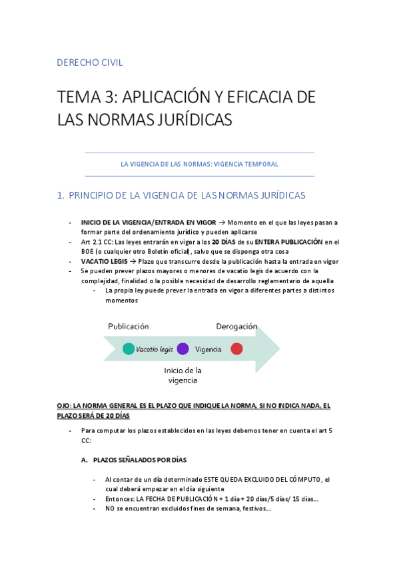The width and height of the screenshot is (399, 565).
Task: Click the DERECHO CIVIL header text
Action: [90, 63]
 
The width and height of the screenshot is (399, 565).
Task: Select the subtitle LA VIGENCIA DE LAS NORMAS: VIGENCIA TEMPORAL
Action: [199, 164]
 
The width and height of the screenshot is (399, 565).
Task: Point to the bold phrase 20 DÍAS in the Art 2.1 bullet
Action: [224, 242]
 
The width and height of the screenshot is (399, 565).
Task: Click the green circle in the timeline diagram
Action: [129, 348]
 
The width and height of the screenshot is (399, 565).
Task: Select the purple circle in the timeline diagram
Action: [183, 348]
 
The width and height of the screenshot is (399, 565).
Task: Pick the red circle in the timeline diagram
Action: [236, 348]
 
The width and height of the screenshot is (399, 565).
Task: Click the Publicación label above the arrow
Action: [129, 326]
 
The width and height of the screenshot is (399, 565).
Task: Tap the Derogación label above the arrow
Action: [236, 326]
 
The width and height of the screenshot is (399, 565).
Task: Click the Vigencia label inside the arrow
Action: [208, 349]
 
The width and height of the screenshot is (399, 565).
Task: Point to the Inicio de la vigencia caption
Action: [183, 375]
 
